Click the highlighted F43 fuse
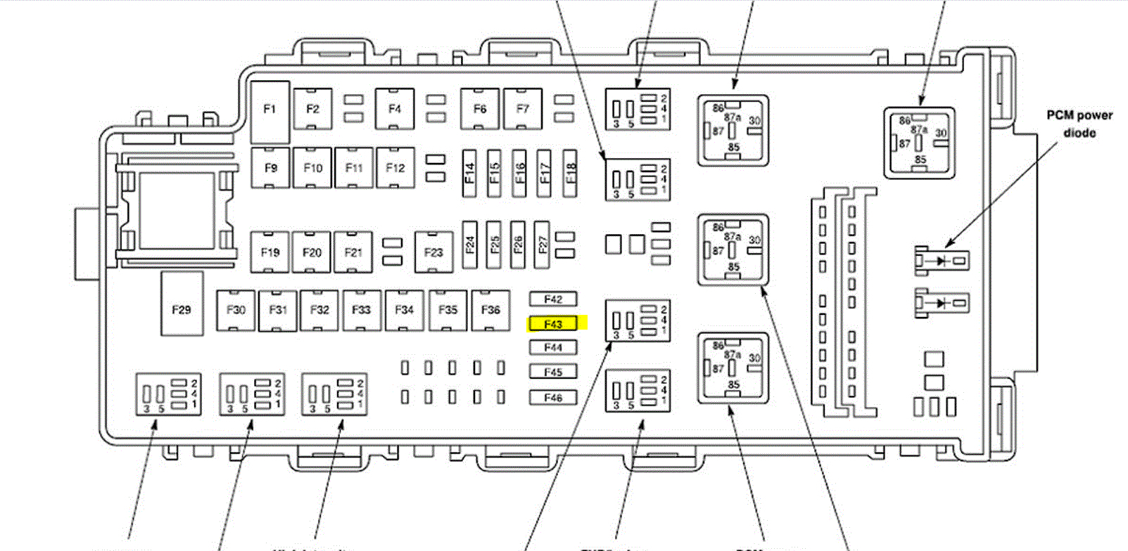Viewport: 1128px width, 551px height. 554,324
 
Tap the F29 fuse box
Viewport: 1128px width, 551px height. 182,309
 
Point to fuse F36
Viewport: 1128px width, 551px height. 490,310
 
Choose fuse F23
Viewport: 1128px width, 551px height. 433,252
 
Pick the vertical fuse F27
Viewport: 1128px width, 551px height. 542,244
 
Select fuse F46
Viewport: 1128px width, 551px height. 553,398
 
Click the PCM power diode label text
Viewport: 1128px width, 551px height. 1079,124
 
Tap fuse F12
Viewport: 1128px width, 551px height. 395,168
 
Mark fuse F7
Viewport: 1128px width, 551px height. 523,109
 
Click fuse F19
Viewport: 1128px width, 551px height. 270,252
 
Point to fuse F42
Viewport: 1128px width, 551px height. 553,299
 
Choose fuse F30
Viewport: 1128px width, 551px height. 236,310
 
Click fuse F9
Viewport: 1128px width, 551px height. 271,168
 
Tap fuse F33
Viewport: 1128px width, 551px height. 362,310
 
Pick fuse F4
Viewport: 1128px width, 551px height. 395,109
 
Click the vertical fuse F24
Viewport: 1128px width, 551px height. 469,244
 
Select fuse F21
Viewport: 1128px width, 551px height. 353,252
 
